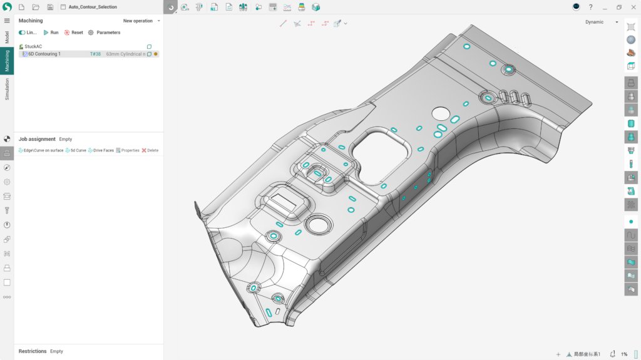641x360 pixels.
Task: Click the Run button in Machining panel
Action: tap(51, 33)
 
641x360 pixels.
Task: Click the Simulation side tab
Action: tap(7, 89)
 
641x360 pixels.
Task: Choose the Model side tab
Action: tap(7, 36)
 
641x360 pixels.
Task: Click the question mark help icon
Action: tap(590, 7)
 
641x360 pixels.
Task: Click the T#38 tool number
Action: tap(95, 54)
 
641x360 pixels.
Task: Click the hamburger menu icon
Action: tap(7, 21)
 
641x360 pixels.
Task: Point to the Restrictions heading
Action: tap(33, 351)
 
